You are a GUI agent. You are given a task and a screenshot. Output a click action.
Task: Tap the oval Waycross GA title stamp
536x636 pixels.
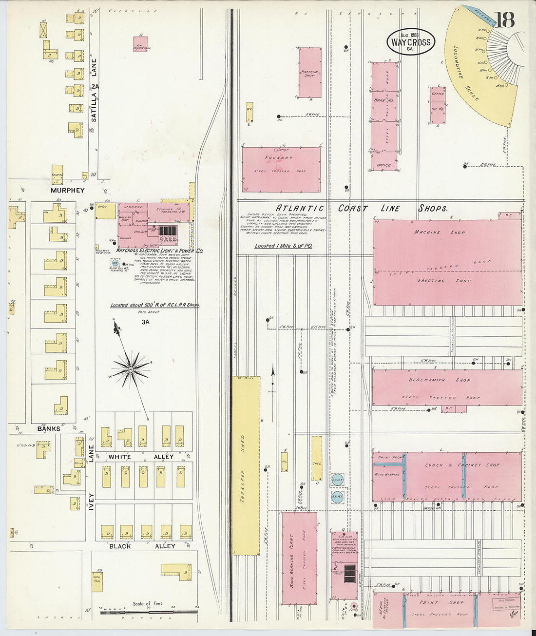click(411, 41)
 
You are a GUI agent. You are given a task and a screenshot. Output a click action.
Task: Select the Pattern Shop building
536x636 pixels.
click(309, 73)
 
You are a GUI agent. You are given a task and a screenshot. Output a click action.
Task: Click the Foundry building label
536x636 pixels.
click(279, 158)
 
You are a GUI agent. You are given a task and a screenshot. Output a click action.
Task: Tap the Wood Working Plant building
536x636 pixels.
click(299, 558)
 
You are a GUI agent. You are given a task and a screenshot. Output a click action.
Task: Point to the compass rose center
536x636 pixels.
click(130, 370)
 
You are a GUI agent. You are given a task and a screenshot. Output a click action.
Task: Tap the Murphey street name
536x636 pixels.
click(67, 191)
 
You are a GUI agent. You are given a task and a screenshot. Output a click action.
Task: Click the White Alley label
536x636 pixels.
click(141, 457)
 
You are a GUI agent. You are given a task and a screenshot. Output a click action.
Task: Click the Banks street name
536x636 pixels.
click(49, 429)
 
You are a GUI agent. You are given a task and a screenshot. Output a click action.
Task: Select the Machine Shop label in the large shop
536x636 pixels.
click(440, 232)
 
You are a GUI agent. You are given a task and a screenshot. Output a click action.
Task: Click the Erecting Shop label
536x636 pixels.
click(438, 281)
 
